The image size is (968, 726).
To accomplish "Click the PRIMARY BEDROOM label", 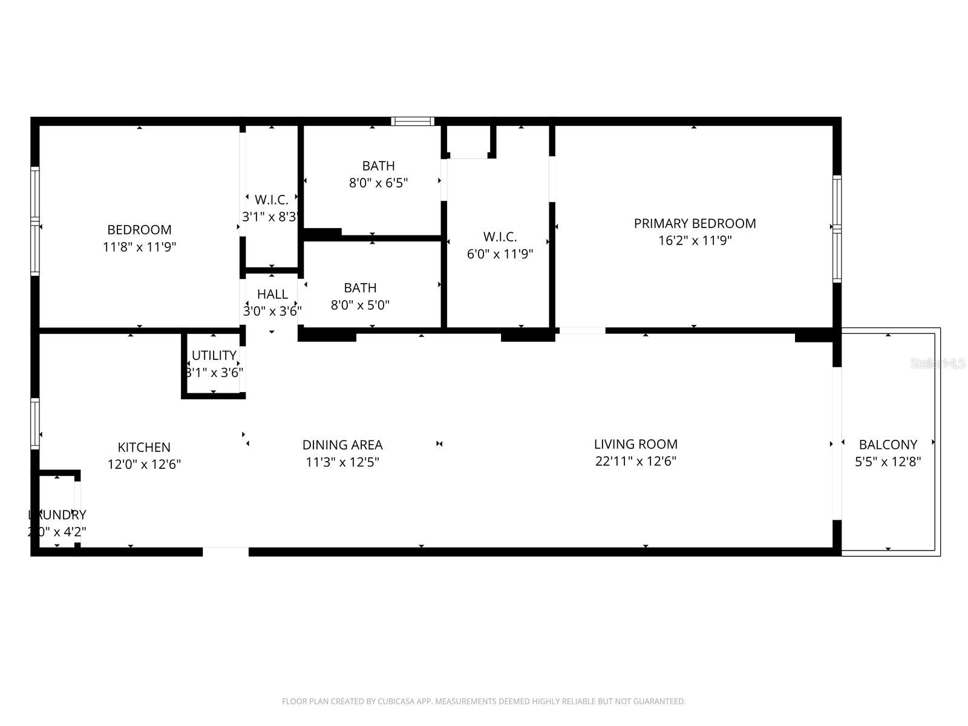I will (x=695, y=223).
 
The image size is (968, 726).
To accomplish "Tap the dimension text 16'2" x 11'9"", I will (x=695, y=241).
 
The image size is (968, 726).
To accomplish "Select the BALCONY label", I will (x=888, y=445).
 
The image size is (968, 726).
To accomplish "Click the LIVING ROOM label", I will (x=635, y=444).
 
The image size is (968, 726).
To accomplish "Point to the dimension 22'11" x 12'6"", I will (x=635, y=461).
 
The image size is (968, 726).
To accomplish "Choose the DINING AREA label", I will (x=342, y=445).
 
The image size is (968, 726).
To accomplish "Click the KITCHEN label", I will (x=144, y=448).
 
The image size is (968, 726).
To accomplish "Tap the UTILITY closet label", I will (x=214, y=356).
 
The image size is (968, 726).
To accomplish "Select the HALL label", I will (x=272, y=295).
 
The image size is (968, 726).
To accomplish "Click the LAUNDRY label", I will (x=57, y=515).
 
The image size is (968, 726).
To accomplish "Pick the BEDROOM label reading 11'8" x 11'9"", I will (x=139, y=230).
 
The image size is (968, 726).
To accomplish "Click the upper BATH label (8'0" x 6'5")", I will (x=378, y=166).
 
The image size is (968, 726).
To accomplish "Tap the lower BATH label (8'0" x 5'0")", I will (x=360, y=288).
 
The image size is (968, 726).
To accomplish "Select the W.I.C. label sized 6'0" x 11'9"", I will (x=500, y=237).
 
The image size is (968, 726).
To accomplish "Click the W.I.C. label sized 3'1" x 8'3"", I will (x=271, y=200).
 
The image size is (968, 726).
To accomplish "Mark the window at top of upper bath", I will (x=413, y=122).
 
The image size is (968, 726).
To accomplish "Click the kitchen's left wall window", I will (x=35, y=423).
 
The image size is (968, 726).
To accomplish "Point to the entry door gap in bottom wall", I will (x=225, y=551).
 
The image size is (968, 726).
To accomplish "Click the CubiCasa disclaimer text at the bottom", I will (x=483, y=702).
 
